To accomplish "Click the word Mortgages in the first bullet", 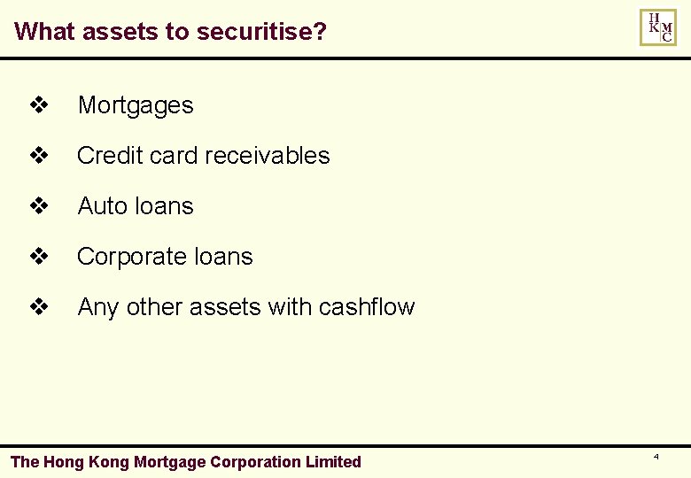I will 136,105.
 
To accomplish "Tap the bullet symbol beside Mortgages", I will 38,106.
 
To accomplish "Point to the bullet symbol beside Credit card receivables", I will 38,157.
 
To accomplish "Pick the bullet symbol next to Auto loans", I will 38,207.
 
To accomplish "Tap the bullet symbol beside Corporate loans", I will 38,258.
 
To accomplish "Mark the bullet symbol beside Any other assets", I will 38,308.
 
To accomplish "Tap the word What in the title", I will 44,32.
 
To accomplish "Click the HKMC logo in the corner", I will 657,27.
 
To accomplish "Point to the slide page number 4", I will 656,457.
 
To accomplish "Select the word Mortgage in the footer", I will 168,462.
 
